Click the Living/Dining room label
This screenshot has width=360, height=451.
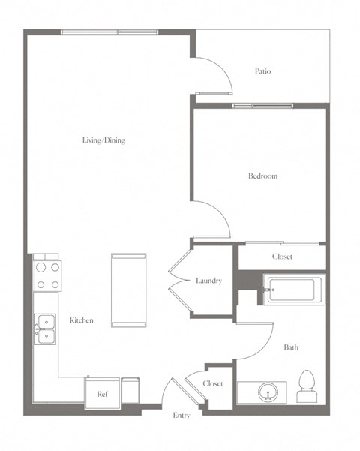103,140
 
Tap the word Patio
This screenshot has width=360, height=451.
262,72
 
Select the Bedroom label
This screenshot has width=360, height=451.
262,176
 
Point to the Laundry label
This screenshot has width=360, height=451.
208,281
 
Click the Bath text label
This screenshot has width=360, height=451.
291,347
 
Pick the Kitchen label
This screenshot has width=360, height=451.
81,320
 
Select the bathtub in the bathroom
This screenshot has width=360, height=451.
293,289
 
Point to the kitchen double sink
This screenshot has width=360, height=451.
44,328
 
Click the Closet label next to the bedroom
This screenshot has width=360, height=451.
282,257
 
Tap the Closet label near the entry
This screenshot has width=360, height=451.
212,383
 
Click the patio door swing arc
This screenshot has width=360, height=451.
214,75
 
